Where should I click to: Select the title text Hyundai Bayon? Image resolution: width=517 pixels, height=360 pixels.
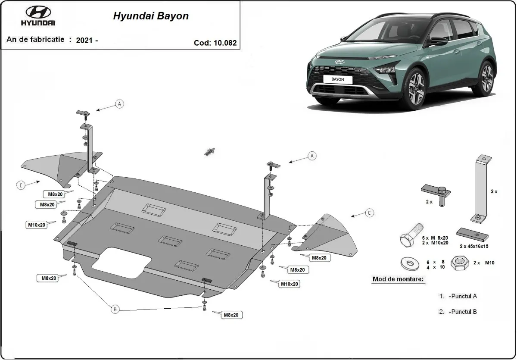[x=151, y=16]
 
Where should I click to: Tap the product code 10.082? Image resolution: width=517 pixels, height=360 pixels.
[x=215, y=43]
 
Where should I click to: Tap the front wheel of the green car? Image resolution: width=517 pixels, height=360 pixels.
[x=415, y=89]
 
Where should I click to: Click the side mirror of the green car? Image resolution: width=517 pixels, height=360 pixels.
[x=439, y=41]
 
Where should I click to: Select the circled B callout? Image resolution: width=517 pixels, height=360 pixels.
[x=115, y=309]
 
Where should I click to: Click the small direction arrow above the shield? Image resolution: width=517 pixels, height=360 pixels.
[x=210, y=151]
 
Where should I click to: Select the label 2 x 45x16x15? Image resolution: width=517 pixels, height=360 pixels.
[x=474, y=246]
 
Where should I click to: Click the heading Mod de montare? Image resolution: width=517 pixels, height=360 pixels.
[x=398, y=279]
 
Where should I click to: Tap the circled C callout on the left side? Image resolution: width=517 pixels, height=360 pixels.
[x=21, y=185]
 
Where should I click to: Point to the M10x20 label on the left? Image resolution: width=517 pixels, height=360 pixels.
[x=37, y=225]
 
